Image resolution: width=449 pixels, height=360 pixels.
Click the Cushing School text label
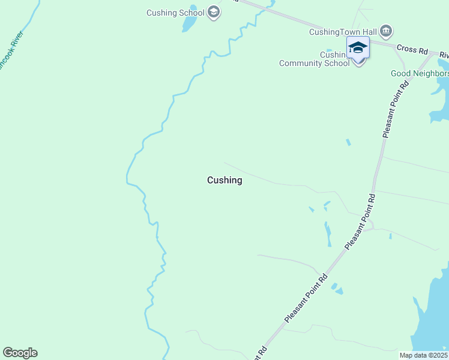pos(176,13)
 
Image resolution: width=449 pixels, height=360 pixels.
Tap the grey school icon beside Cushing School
pos(214,12)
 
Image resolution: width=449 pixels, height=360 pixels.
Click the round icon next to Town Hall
pos(386,31)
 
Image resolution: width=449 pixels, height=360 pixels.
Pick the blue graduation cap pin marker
pos(358,47)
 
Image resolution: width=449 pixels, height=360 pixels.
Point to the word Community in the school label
pos(301,63)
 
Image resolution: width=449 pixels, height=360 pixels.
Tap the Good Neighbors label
pos(420,74)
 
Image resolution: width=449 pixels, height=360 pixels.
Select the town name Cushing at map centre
pos(224,180)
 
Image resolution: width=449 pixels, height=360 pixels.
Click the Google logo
pos(20,353)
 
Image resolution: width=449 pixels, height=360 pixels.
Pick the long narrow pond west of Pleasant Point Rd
pos(328,234)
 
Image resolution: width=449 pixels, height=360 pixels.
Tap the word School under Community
pos(336,63)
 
